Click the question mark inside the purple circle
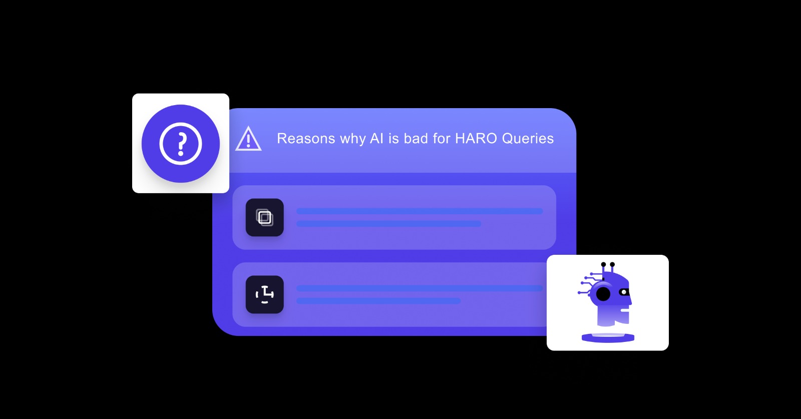click(181, 144)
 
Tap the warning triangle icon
click(248, 140)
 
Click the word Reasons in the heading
click(306, 139)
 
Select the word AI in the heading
click(376, 139)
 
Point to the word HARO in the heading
click(476, 139)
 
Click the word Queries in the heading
click(528, 139)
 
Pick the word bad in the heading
click(416, 139)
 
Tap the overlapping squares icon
click(265, 218)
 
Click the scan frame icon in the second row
click(265, 295)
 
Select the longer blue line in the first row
click(420, 211)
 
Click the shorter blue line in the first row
click(388, 224)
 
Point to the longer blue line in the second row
click(420, 288)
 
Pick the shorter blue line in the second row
click(378, 301)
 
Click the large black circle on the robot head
click(603, 294)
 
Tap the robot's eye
click(624, 292)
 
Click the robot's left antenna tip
click(603, 264)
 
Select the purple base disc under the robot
click(608, 338)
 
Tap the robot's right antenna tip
click(612, 264)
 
